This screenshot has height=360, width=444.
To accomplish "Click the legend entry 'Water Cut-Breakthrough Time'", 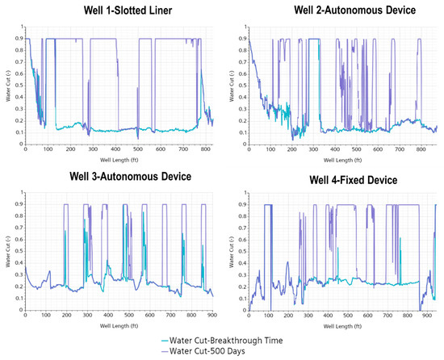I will point(233,341).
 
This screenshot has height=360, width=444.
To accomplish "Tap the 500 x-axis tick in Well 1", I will point(136,150).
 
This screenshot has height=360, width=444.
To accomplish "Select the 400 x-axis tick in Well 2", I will point(340,150).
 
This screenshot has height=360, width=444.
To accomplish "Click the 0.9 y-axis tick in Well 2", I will point(239,38).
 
